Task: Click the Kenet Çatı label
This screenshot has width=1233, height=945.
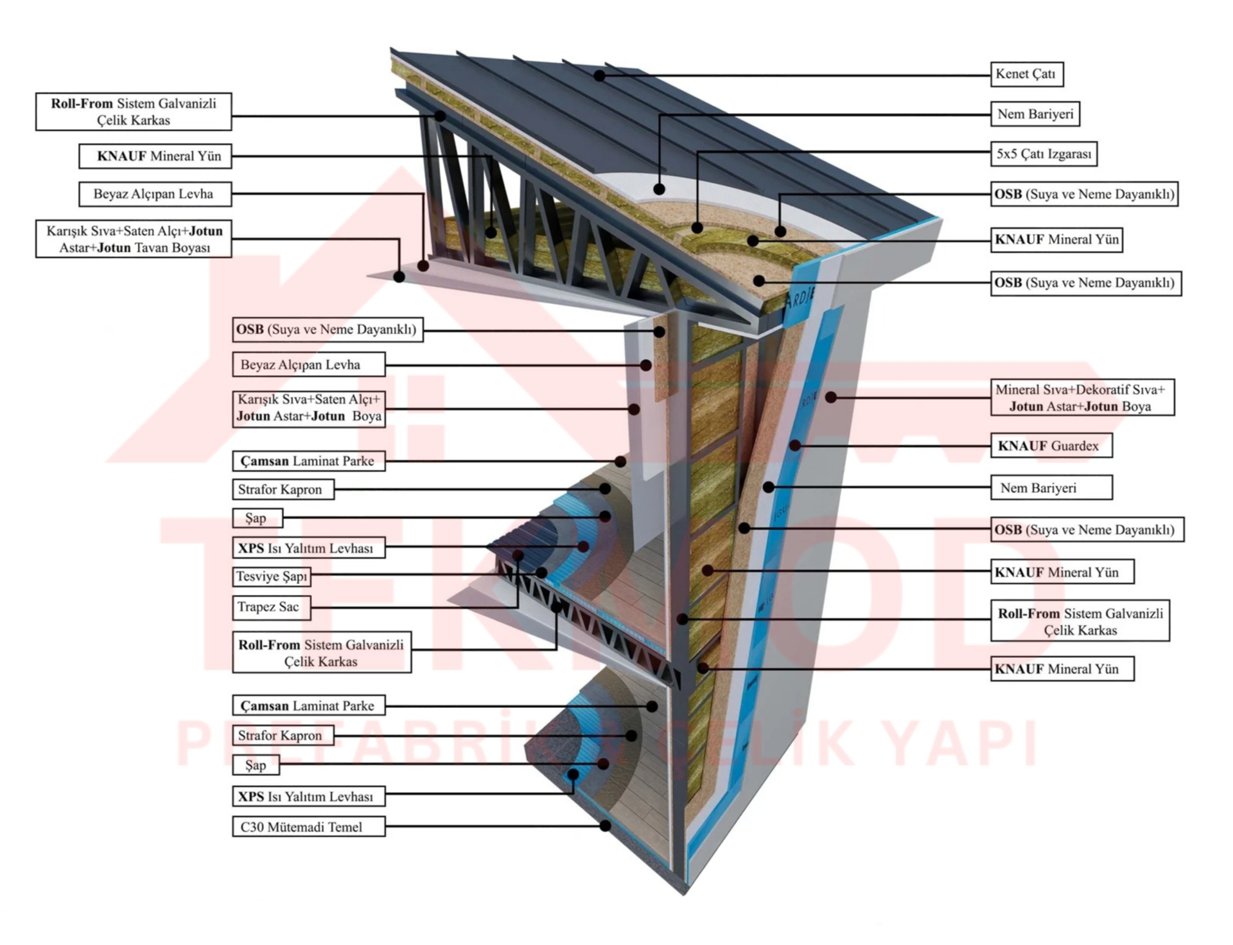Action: (1026, 74)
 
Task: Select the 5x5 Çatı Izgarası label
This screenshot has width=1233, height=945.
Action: (1044, 154)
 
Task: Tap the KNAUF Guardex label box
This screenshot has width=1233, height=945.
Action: (1051, 446)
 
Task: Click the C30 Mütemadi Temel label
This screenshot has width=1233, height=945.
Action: (308, 827)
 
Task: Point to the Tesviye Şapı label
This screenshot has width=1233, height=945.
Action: (271, 576)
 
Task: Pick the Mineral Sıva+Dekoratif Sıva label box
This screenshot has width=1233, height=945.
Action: (1081, 398)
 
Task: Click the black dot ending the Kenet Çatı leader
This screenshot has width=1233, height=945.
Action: (599, 75)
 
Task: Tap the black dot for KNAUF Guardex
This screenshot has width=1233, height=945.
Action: (795, 445)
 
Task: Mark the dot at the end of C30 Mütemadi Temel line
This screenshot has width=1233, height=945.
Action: (605, 826)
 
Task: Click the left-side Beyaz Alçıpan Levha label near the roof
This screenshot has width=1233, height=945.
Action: (155, 194)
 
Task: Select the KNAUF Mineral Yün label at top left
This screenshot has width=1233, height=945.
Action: (155, 156)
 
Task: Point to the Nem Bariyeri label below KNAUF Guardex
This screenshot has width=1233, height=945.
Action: (1051, 488)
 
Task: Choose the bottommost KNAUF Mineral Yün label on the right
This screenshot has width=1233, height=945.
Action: (1062, 669)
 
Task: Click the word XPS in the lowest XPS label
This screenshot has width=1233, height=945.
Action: (251, 797)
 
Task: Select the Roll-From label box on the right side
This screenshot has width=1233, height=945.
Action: (1080, 621)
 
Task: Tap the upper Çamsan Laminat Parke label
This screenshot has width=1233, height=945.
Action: (308, 461)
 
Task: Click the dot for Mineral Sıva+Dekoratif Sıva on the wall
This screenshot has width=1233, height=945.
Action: (830, 398)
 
